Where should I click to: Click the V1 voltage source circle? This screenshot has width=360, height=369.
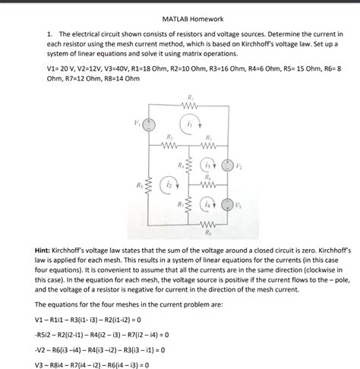pos(150,123)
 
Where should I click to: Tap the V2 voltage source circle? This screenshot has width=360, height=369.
pos(227,164)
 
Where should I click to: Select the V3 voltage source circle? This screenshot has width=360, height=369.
pos(227,205)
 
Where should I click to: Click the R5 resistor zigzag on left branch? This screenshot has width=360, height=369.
pos(150,184)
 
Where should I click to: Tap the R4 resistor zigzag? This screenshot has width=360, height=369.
pos(189,166)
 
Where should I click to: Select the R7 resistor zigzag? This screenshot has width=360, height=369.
pos(189,205)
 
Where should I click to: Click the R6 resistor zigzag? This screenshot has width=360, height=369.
pos(209,184)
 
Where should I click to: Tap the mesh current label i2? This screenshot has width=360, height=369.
pos(169,184)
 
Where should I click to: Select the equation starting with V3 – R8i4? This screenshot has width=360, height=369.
pos(88,362)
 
